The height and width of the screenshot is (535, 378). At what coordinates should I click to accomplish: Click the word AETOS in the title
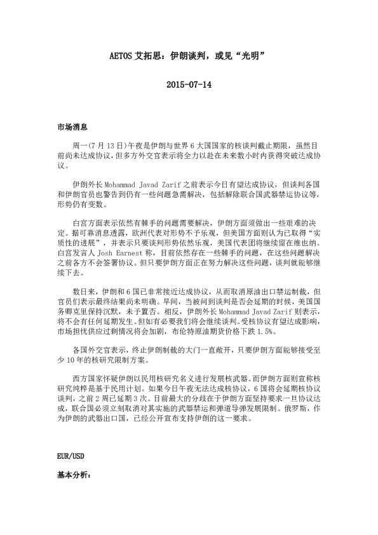pos(121,56)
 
